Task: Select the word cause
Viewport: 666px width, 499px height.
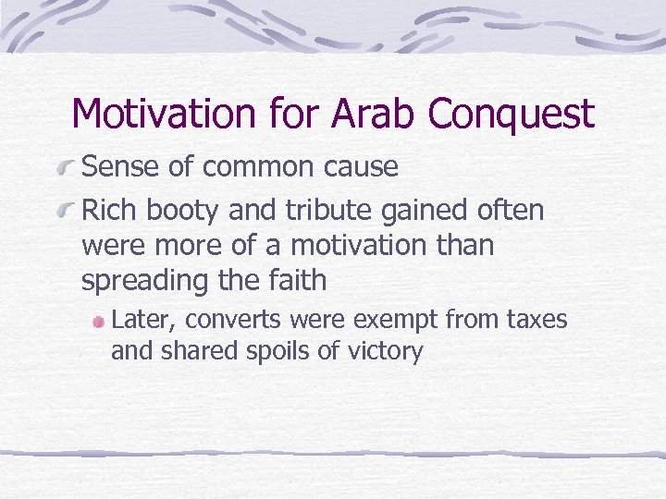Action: [x=364, y=167]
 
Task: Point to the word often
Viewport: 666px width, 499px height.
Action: [x=512, y=211]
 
